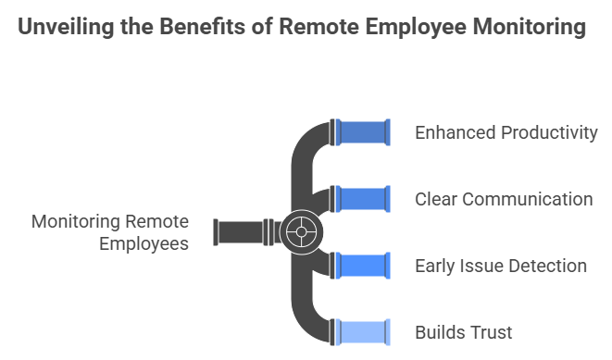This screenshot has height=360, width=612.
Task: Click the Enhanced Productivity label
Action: pyautogui.click(x=506, y=132)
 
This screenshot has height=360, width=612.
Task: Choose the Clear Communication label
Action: pyautogui.click(x=504, y=199)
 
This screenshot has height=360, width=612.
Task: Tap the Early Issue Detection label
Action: pyautogui.click(x=500, y=266)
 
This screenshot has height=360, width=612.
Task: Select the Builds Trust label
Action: pyautogui.click(x=463, y=332)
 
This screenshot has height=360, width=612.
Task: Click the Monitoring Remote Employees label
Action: pyautogui.click(x=110, y=232)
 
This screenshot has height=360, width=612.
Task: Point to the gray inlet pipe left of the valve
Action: pyautogui.click(x=239, y=231)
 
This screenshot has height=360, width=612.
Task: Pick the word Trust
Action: pyautogui.click(x=491, y=332)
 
